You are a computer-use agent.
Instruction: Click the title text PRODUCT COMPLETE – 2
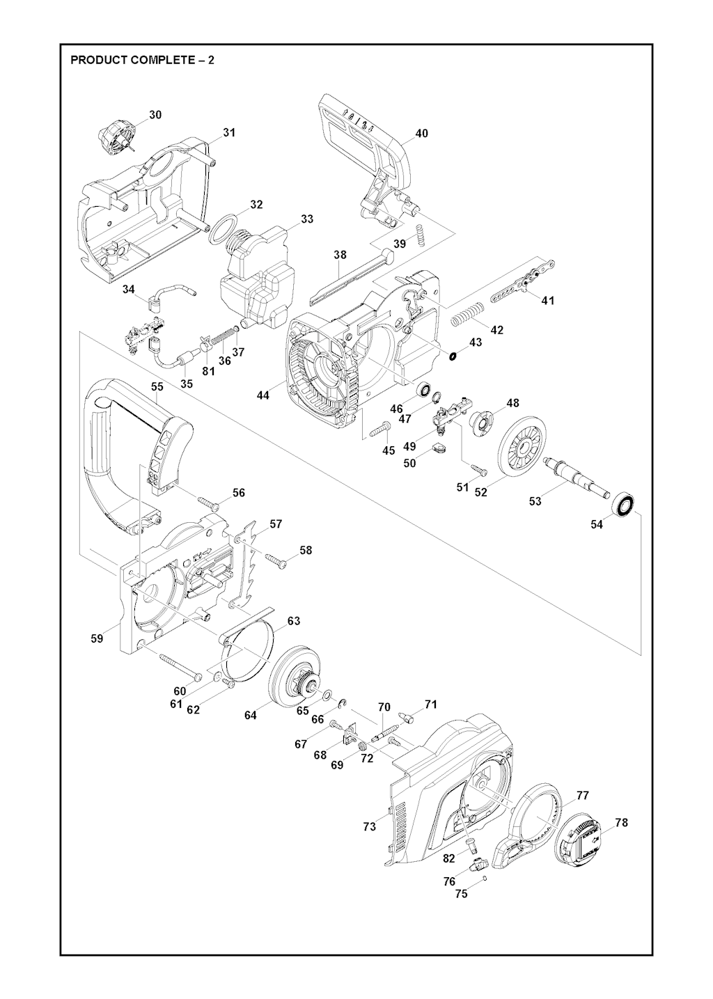pyautogui.click(x=142, y=60)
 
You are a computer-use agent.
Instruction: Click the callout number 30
pyautogui.click(x=155, y=115)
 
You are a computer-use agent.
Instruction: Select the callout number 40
pyautogui.click(x=421, y=134)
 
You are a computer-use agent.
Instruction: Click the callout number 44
pyautogui.click(x=263, y=395)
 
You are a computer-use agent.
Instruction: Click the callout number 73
pyautogui.click(x=369, y=826)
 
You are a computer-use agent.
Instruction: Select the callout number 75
pyautogui.click(x=461, y=895)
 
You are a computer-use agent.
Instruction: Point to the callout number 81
pyautogui.click(x=208, y=371)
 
